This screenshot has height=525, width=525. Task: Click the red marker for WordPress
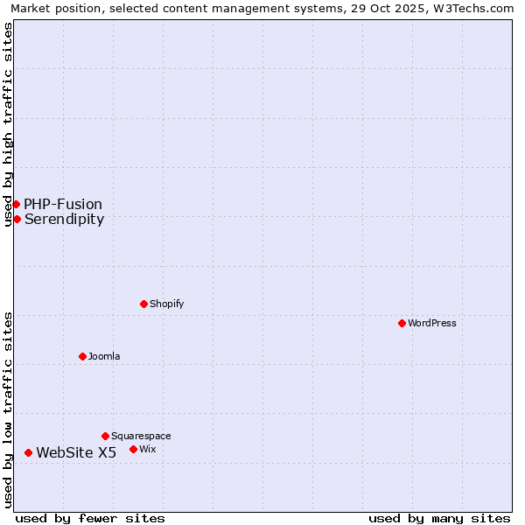pos(402,323)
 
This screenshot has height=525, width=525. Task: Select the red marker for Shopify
pos(143,304)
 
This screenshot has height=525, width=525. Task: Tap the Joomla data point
pos(82,356)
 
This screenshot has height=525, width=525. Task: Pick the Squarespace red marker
pos(105,436)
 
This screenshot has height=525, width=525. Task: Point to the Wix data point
pos(133,449)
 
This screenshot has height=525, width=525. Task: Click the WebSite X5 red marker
pos(28,452)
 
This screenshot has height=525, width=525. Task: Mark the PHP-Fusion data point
pos(16,204)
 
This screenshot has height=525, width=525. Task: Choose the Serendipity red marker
pos(17,219)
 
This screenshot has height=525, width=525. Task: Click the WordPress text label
pos(432,323)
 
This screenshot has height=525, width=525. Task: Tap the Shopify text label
pos(166,304)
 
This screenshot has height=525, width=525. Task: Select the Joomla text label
pos(104,356)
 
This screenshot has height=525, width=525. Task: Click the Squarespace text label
pos(141,436)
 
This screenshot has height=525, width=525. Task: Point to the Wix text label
pos(147,449)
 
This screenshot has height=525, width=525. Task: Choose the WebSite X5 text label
pos(76,452)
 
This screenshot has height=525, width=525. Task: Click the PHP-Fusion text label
pos(63,204)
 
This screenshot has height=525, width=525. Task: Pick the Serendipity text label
pos(64,219)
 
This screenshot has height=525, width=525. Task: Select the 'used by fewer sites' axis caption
pos(90,518)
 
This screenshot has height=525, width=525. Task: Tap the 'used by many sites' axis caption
pos(439,518)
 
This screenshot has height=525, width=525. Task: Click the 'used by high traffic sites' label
pos(8,124)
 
